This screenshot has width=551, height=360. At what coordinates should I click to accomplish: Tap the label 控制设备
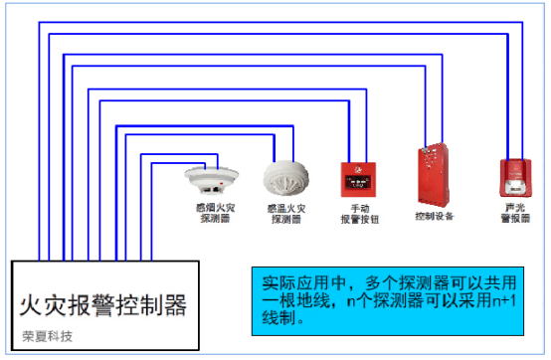435,215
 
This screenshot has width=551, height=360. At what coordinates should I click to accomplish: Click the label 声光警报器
515,212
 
